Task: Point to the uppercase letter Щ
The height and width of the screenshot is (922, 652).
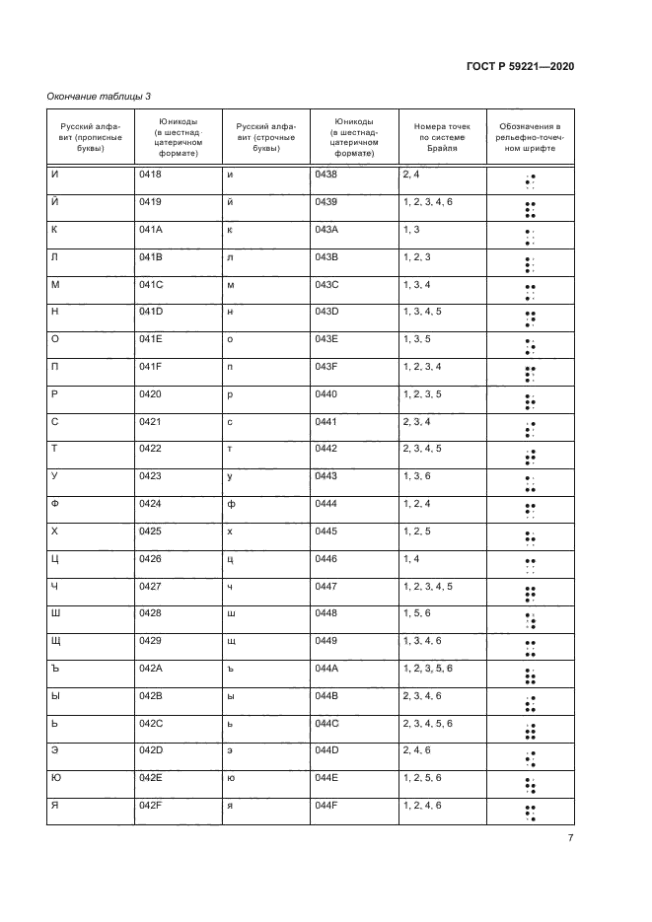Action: [x=56, y=641]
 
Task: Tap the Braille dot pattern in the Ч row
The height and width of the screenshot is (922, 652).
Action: [x=531, y=594]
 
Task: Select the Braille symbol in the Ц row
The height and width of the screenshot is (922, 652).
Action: [x=531, y=566]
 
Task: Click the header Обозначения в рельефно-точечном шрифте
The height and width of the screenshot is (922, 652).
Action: [x=531, y=139]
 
